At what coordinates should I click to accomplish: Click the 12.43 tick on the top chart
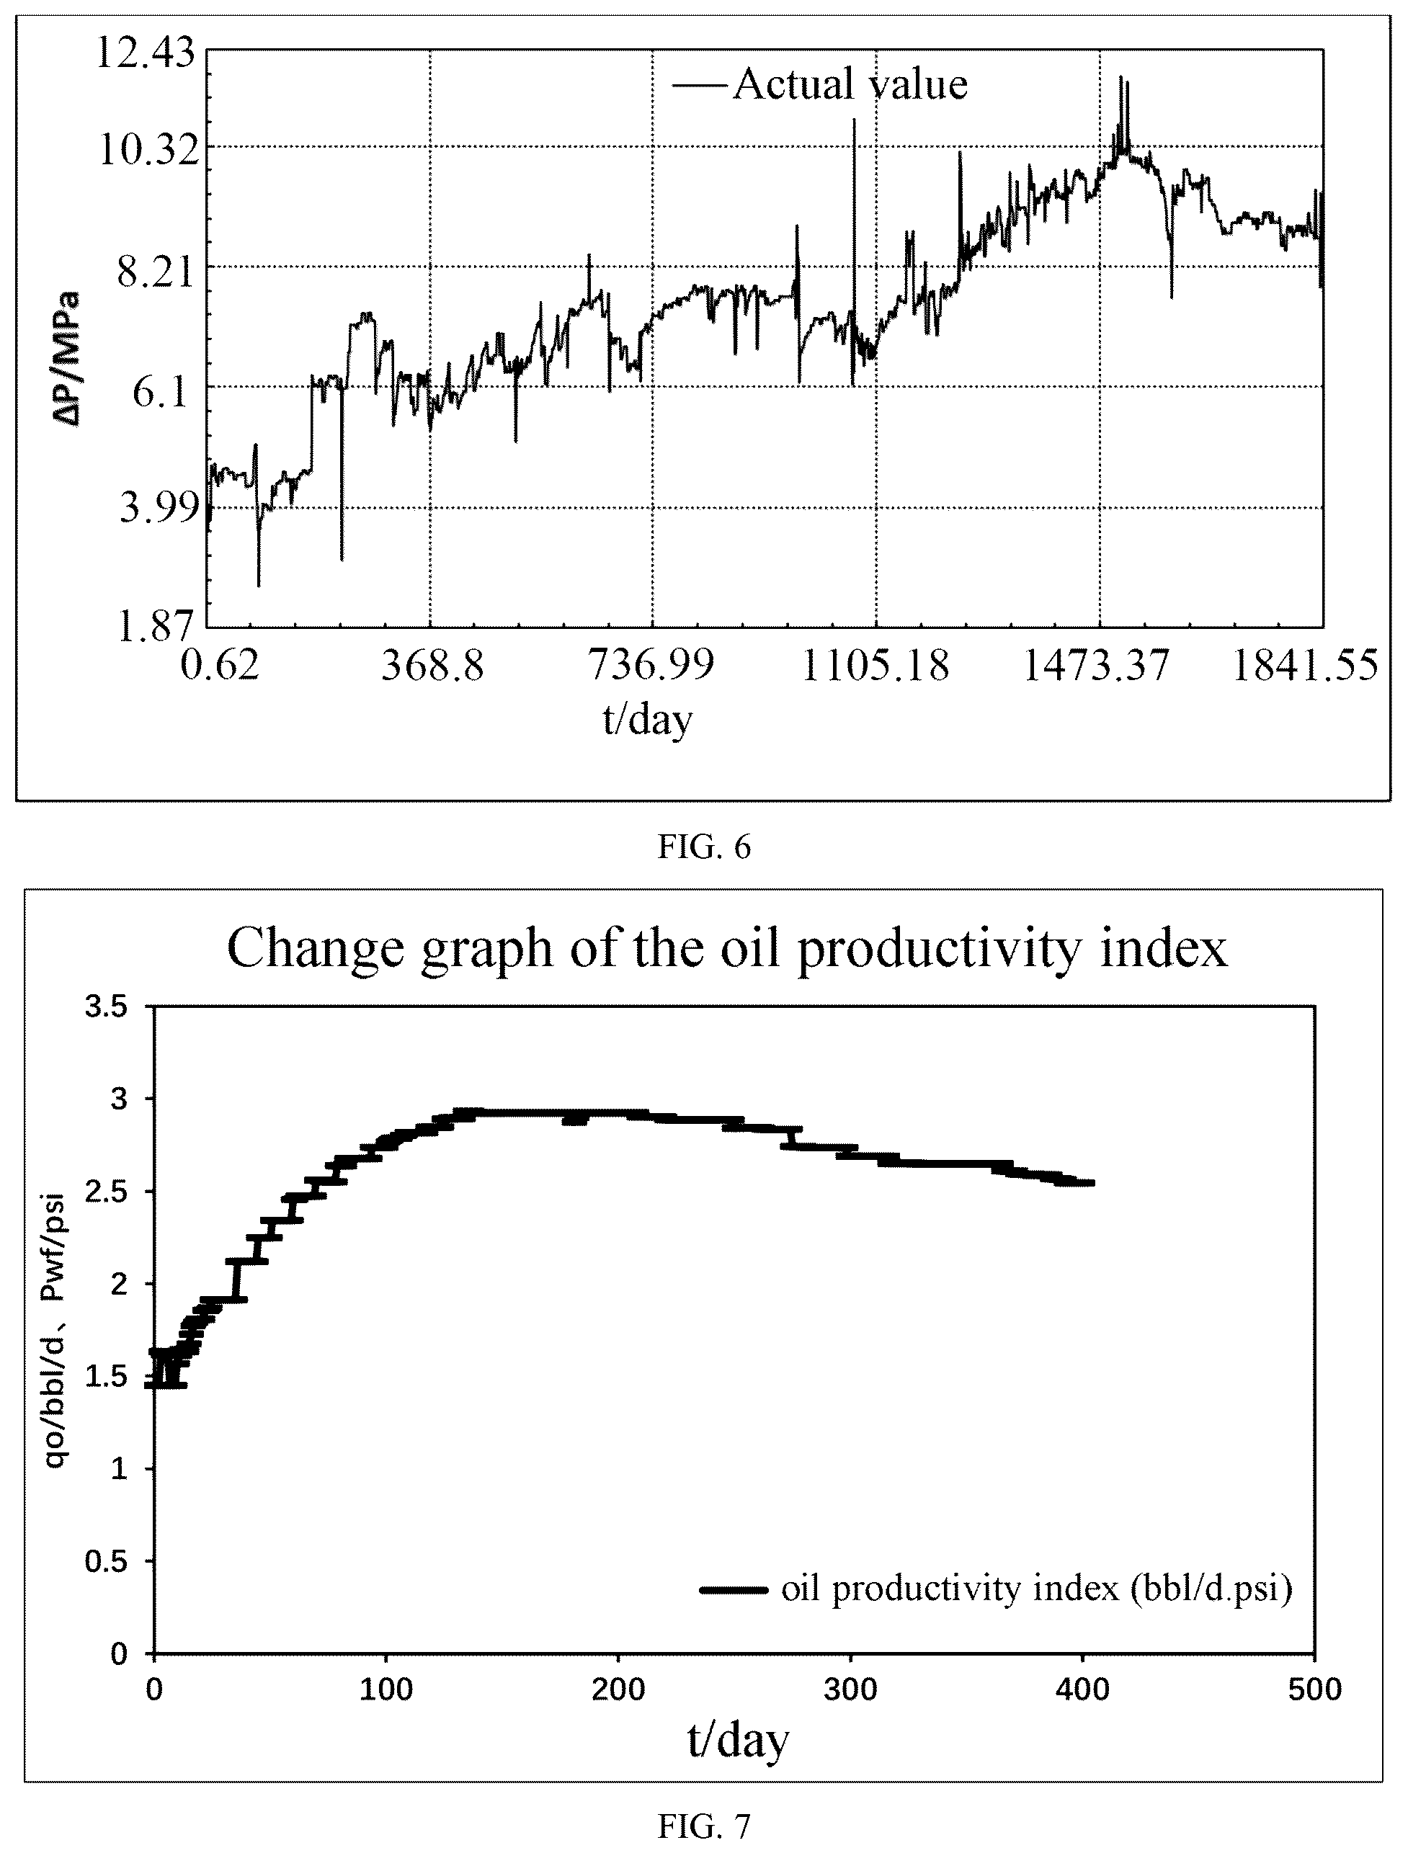(x=145, y=55)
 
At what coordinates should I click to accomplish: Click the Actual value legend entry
(x=821, y=84)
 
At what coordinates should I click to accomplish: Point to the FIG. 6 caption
(x=704, y=847)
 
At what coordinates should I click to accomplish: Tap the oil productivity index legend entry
(x=997, y=1589)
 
